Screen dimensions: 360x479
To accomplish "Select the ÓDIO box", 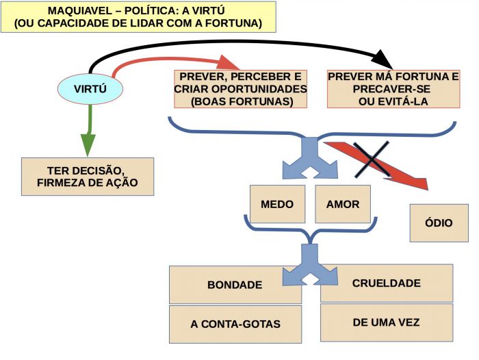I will pos(439,223).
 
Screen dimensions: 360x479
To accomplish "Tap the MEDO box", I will pos(277,204).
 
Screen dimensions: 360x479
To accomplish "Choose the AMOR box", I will pos(343,204).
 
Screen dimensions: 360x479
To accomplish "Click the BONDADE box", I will pos(235,285).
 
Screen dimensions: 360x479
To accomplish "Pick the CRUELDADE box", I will pos(386,283).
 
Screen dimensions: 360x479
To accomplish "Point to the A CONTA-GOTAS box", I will pos(235,324).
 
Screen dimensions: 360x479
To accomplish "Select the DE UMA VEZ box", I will pos(386,322).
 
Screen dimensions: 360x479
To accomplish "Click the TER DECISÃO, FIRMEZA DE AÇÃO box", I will pos(88,177).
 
